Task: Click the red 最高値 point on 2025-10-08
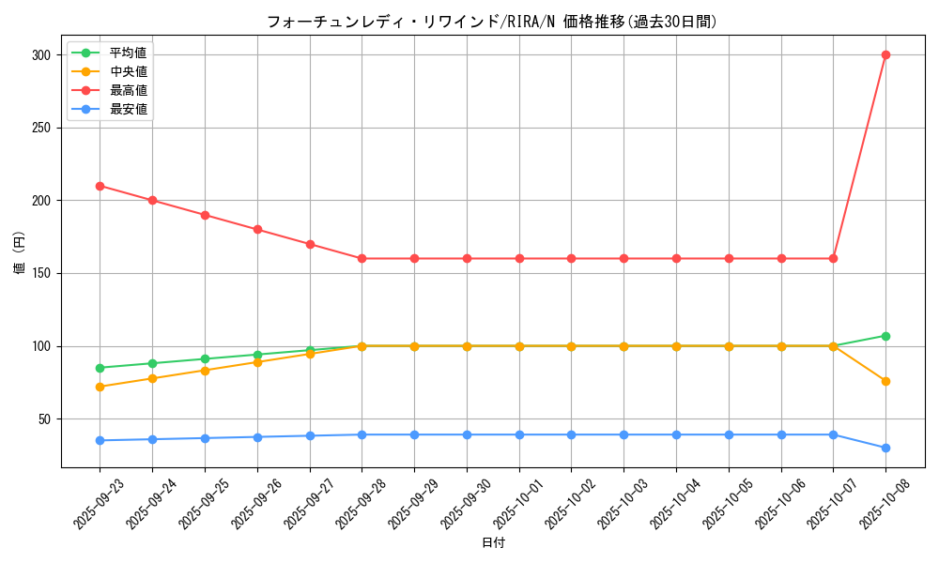tap(885, 54)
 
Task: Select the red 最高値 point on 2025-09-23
tap(100, 186)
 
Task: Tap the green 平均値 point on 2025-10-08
tap(885, 336)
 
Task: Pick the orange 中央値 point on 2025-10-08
tap(885, 381)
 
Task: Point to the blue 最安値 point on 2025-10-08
tap(885, 448)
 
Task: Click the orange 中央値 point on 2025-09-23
tap(100, 387)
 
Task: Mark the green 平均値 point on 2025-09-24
tap(152, 363)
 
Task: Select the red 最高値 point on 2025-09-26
tap(257, 229)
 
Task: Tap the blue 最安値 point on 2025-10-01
tap(519, 434)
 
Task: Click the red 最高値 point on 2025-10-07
tap(833, 258)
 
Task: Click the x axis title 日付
tap(493, 543)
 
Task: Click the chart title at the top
tap(492, 22)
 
